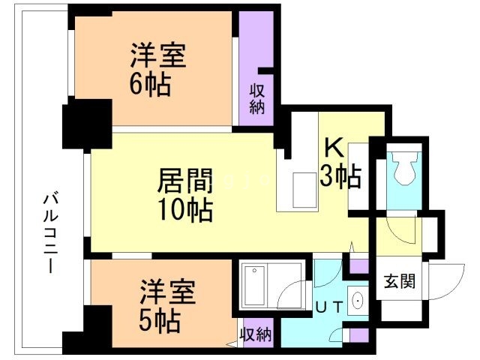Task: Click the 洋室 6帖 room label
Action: click(x=157, y=69)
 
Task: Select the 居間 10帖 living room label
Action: click(x=184, y=194)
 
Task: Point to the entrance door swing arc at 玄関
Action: click(x=442, y=280)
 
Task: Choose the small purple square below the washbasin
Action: click(x=358, y=335)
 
